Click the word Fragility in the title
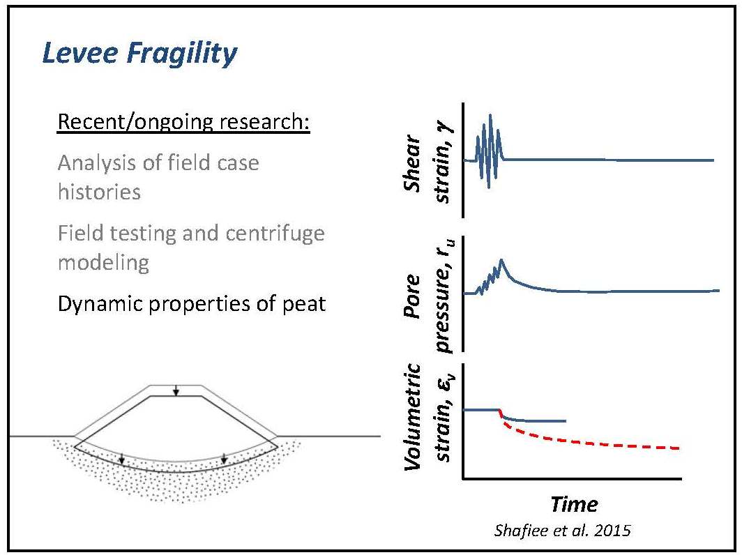pyautogui.click(x=182, y=54)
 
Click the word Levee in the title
pyautogui.click(x=80, y=53)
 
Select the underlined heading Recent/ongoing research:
pyautogui.click(x=183, y=122)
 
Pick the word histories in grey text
pyautogui.click(x=99, y=192)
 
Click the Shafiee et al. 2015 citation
pyautogui.click(x=562, y=530)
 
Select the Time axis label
pyautogui.click(x=574, y=504)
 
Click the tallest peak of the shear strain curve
pyautogui.click(x=490, y=115)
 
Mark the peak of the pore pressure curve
pyautogui.click(x=501, y=260)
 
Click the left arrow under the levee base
pyautogui.click(x=121, y=457)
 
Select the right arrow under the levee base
pyautogui.click(x=225, y=457)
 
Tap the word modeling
pyautogui.click(x=103, y=263)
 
